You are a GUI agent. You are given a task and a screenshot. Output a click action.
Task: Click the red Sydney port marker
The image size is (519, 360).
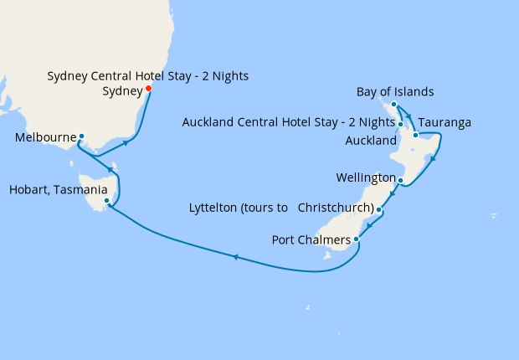tap(148, 89)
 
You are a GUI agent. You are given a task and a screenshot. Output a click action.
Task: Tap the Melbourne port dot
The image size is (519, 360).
tap(81, 136)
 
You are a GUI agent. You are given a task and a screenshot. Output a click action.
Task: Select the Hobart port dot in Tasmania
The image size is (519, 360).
tap(106, 201)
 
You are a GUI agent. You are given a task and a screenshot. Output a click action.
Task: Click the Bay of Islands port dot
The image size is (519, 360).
tap(393, 105)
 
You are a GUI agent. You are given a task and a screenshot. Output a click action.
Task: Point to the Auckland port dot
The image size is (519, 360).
tap(401, 125)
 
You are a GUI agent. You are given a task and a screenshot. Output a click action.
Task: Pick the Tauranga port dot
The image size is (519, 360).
tap(414, 135)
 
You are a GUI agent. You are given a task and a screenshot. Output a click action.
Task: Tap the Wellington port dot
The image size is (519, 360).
tap(401, 181)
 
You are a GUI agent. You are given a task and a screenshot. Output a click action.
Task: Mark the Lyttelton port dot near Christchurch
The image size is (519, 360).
tap(379, 209)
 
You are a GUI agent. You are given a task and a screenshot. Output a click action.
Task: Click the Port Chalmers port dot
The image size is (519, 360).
tap(357, 240)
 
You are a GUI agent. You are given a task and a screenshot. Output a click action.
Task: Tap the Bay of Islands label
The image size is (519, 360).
tap(395, 91)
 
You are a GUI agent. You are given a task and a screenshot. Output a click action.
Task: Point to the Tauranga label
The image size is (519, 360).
tap(444, 122)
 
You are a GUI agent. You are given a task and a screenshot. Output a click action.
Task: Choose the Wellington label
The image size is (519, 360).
tap(365, 178)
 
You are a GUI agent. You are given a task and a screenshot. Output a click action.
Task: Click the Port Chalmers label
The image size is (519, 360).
tap(311, 240)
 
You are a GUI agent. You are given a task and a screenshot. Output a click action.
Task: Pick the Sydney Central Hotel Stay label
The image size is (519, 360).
tap(148, 76)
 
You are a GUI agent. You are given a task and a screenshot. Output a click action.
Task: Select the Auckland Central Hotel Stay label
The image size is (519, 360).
tap(288, 123)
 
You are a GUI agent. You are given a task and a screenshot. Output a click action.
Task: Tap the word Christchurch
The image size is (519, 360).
tap(334, 207)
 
